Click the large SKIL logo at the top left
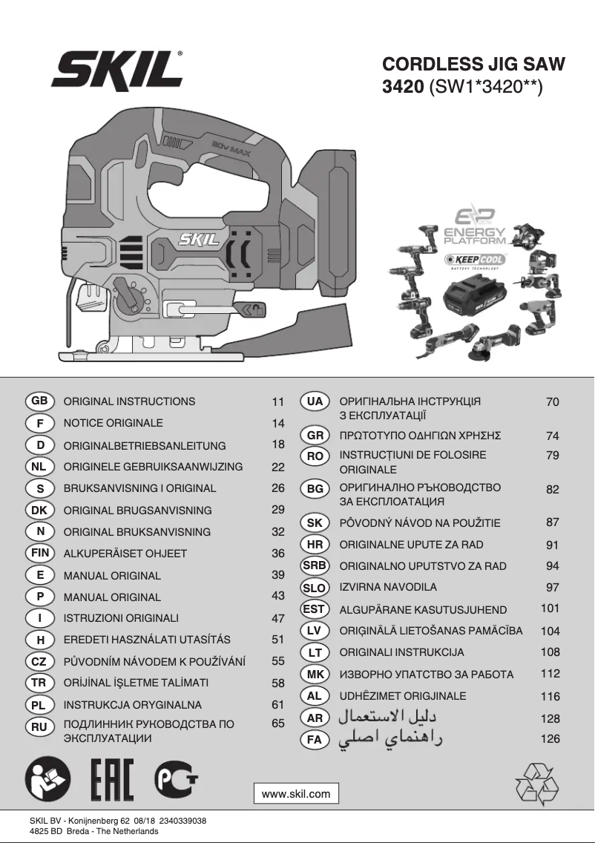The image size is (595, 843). pos(117,72)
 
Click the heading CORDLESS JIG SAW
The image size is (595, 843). pos(473,65)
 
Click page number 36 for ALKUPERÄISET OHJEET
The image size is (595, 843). pos(278,554)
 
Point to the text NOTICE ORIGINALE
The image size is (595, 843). pos(113,423)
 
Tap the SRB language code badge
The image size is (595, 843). pos(315,565)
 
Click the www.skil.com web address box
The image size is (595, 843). pos(296,793)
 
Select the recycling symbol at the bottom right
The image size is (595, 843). pos(537,784)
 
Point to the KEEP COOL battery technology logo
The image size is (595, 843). pos(475,259)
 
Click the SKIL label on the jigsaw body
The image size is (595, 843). pos(198,240)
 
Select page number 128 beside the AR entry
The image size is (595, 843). pos(550,718)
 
